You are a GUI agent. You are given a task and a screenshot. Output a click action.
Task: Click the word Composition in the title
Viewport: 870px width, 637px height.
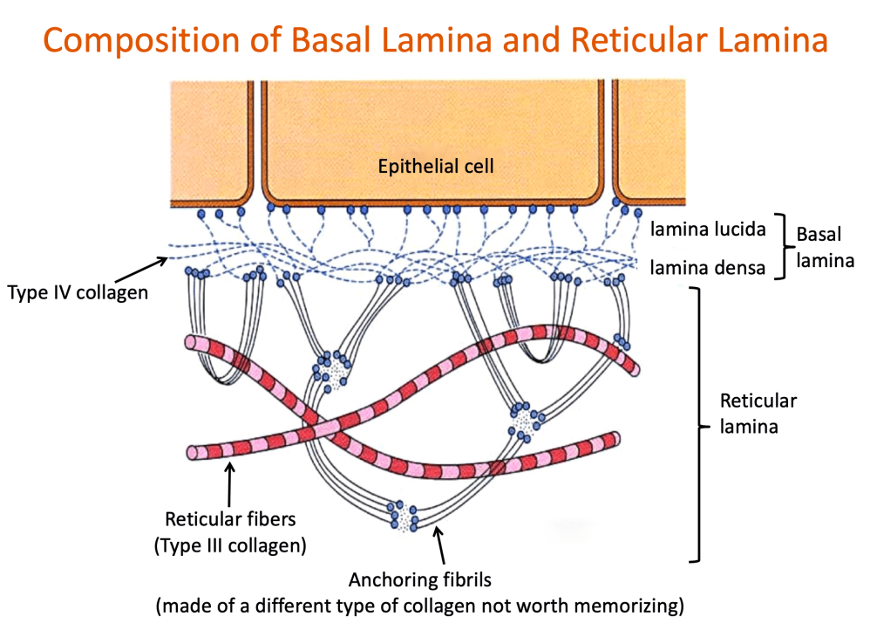142,41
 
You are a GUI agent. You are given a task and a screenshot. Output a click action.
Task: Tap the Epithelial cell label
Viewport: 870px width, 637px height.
436,166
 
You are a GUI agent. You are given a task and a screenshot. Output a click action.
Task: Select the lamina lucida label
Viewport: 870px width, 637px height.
708,229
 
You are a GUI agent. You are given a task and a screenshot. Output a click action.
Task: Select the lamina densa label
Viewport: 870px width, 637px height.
708,268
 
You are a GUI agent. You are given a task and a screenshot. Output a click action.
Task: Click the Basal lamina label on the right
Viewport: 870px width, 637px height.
825,247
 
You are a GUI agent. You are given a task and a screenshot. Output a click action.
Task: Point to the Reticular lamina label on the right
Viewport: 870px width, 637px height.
758,414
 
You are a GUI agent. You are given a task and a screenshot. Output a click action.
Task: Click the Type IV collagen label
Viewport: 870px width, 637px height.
78,292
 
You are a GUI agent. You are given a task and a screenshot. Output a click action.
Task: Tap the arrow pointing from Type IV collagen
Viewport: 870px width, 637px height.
141,270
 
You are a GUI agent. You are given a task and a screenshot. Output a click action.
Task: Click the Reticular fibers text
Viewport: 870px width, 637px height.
230,518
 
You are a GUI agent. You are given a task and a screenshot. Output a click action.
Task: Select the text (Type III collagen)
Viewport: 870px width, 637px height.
230,545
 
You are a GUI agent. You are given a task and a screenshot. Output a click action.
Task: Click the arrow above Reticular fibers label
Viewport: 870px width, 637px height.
229,484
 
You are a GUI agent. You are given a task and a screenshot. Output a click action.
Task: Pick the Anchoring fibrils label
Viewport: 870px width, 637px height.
420,579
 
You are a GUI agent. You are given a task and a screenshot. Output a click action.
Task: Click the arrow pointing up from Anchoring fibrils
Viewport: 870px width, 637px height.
439,545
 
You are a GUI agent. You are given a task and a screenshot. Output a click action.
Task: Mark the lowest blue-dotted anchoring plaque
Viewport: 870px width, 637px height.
404,516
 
